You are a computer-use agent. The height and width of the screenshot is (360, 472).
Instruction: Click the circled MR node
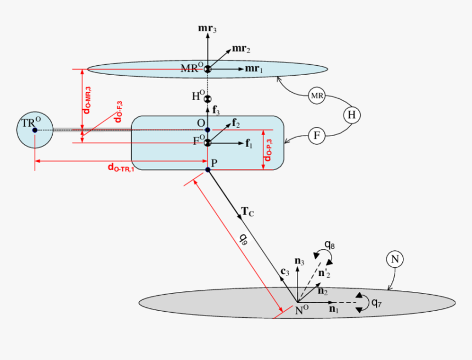[x=317, y=96]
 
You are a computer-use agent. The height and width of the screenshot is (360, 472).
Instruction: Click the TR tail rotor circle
[x=35, y=130]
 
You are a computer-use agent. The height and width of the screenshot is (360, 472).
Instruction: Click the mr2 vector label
[x=241, y=49]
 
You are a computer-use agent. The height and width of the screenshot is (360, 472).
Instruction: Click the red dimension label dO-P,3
[x=268, y=150]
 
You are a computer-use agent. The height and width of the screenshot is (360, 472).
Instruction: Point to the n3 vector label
[x=299, y=262]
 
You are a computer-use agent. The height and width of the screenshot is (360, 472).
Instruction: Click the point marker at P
[x=207, y=170]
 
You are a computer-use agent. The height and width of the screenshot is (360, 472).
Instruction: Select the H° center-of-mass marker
[x=207, y=99]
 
